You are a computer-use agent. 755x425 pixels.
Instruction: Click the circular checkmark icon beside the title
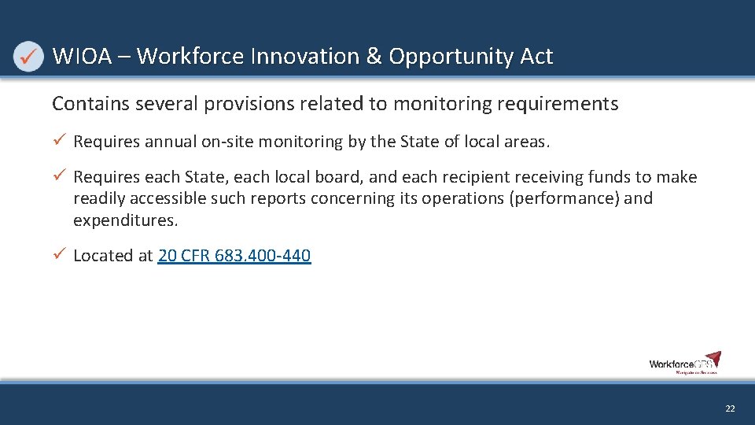[29, 57]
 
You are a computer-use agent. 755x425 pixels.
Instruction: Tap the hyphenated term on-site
[227, 142]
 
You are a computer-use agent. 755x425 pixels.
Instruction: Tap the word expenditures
[125, 220]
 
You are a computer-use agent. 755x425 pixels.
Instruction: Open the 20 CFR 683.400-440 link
[234, 256]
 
